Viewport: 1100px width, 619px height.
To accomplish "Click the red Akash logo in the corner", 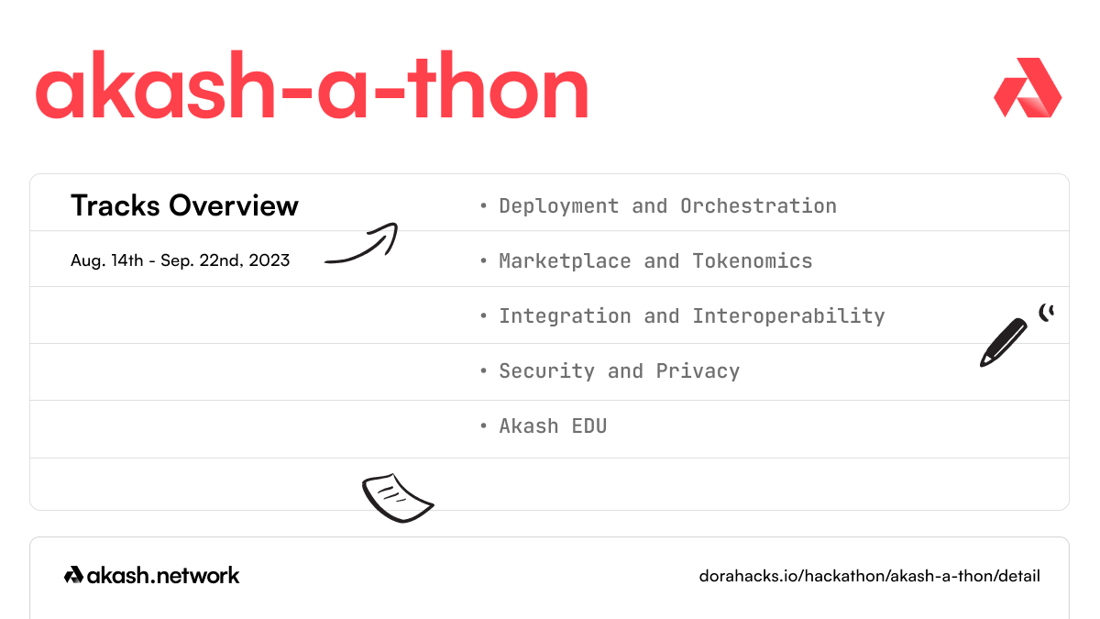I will tap(1028, 88).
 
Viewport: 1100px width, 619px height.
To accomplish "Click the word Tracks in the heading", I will tap(114, 205).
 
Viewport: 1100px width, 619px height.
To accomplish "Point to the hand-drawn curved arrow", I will tap(361, 245).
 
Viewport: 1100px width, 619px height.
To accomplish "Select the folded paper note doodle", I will tap(396, 497).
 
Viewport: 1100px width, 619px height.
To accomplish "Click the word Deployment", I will tap(558, 206).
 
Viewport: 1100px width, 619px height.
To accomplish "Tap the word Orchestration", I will tap(758, 206).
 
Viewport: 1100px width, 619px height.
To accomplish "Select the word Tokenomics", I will tap(753, 261).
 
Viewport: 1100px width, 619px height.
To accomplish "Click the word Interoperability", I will tap(788, 316).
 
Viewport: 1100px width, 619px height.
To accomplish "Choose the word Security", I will tap(546, 371).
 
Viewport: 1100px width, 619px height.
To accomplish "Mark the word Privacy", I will tap(698, 371).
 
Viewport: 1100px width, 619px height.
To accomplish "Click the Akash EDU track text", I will tap(553, 426).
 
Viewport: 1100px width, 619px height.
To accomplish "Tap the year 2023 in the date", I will tap(269, 260).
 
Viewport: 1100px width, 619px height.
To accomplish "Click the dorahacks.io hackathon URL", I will tap(869, 576).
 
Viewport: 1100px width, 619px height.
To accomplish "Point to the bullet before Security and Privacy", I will tap(483, 371).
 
